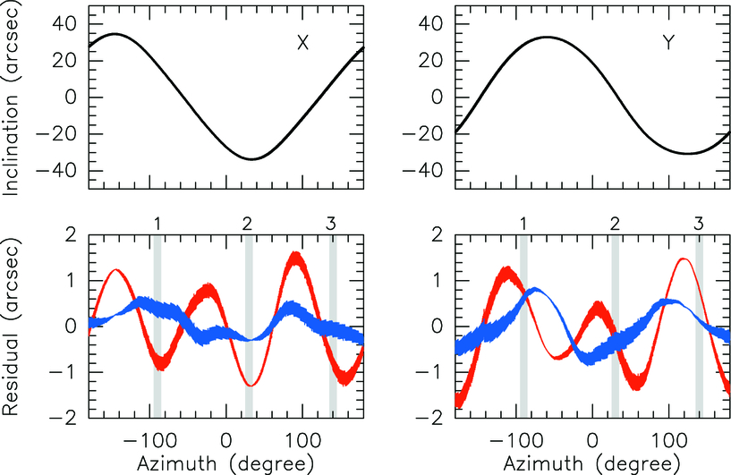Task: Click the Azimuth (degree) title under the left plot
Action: click(x=225, y=463)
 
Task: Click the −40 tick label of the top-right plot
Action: click(x=430, y=171)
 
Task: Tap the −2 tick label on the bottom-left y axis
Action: click(x=68, y=417)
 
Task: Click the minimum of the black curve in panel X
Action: click(x=252, y=159)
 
